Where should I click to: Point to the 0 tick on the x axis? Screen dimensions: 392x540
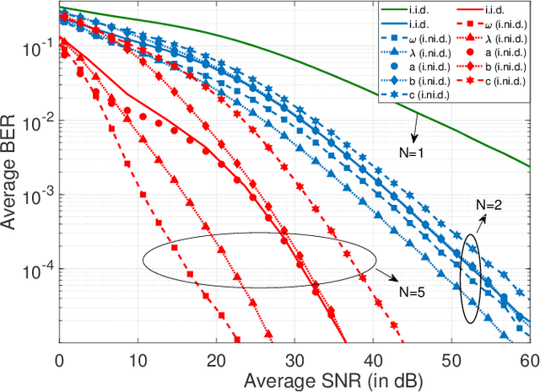pyautogui.click(x=58, y=357)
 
